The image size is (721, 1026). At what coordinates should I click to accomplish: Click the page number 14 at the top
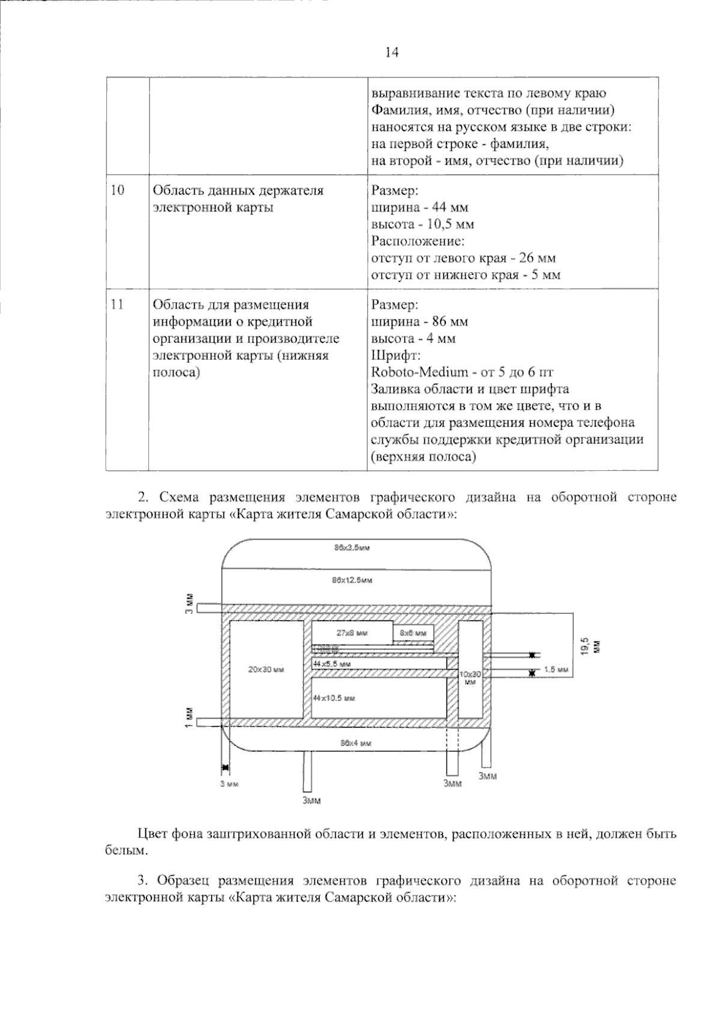391,53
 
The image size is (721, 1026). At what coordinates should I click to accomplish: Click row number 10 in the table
118,190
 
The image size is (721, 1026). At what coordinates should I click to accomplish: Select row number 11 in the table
118,305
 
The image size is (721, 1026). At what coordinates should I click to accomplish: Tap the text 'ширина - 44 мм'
420,207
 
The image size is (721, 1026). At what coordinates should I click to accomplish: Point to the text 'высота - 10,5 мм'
423,224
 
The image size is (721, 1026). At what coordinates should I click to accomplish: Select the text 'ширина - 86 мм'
420,321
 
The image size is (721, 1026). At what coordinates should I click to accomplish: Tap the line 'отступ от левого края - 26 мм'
463,258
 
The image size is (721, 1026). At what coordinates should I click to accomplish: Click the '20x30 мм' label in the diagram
266,669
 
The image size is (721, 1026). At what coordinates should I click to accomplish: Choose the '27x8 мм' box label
352,633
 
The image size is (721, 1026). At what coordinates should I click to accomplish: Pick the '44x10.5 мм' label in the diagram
334,698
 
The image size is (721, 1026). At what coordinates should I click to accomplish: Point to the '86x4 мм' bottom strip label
356,743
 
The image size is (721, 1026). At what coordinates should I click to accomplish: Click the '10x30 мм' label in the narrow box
470,678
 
